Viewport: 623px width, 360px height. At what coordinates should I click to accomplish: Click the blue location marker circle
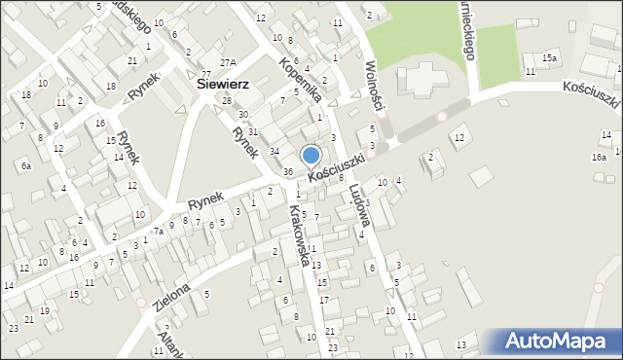click(x=311, y=155)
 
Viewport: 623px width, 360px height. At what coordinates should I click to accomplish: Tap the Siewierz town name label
click(x=223, y=85)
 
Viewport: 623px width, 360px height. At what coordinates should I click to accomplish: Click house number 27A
click(x=228, y=62)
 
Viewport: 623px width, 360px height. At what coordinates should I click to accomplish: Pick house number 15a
click(x=550, y=59)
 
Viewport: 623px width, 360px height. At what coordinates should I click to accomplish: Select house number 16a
click(x=599, y=157)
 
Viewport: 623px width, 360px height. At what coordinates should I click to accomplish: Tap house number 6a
click(x=26, y=166)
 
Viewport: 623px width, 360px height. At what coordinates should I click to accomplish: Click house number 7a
click(x=158, y=232)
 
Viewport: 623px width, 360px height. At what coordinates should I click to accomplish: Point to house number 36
click(x=288, y=172)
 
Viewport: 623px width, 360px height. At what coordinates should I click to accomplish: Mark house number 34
click(x=275, y=151)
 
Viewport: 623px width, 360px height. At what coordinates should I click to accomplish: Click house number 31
click(x=253, y=131)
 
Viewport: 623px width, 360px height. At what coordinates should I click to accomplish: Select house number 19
click(x=45, y=311)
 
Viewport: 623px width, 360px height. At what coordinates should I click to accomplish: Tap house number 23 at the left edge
click(x=14, y=329)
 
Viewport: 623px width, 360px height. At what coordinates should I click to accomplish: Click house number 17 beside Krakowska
click(x=324, y=299)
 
